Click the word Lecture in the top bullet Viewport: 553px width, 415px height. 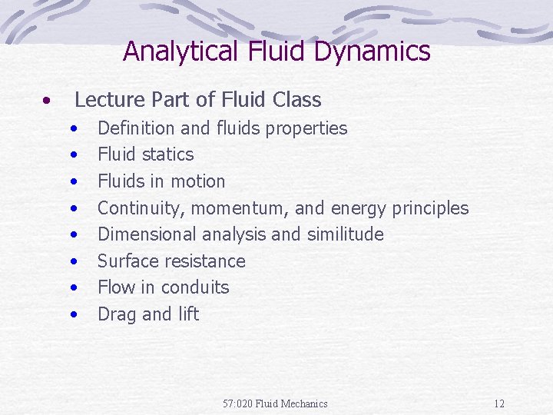[104, 100]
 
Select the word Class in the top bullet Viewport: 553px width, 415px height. [296, 100]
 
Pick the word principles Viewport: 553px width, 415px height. [429, 208]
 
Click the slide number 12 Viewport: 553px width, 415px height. [499, 403]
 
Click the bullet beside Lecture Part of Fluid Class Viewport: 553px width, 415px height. [48, 101]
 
